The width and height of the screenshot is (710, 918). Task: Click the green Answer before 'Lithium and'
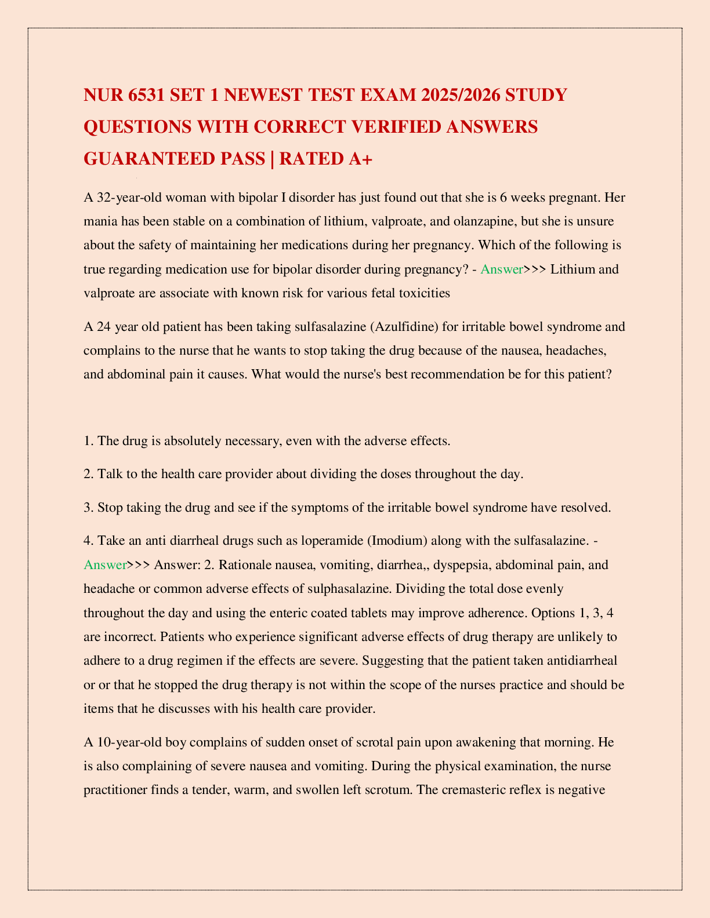pyautogui.click(x=502, y=269)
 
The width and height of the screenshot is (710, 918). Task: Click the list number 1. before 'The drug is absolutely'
pyautogui.click(x=89, y=440)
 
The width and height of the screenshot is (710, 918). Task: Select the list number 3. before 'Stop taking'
pyautogui.click(x=89, y=508)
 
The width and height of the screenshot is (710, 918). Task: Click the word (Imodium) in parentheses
pyautogui.click(x=396, y=541)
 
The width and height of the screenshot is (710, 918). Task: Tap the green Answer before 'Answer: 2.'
pyautogui.click(x=105, y=564)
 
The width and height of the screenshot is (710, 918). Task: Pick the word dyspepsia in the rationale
pyautogui.click(x=458, y=564)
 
